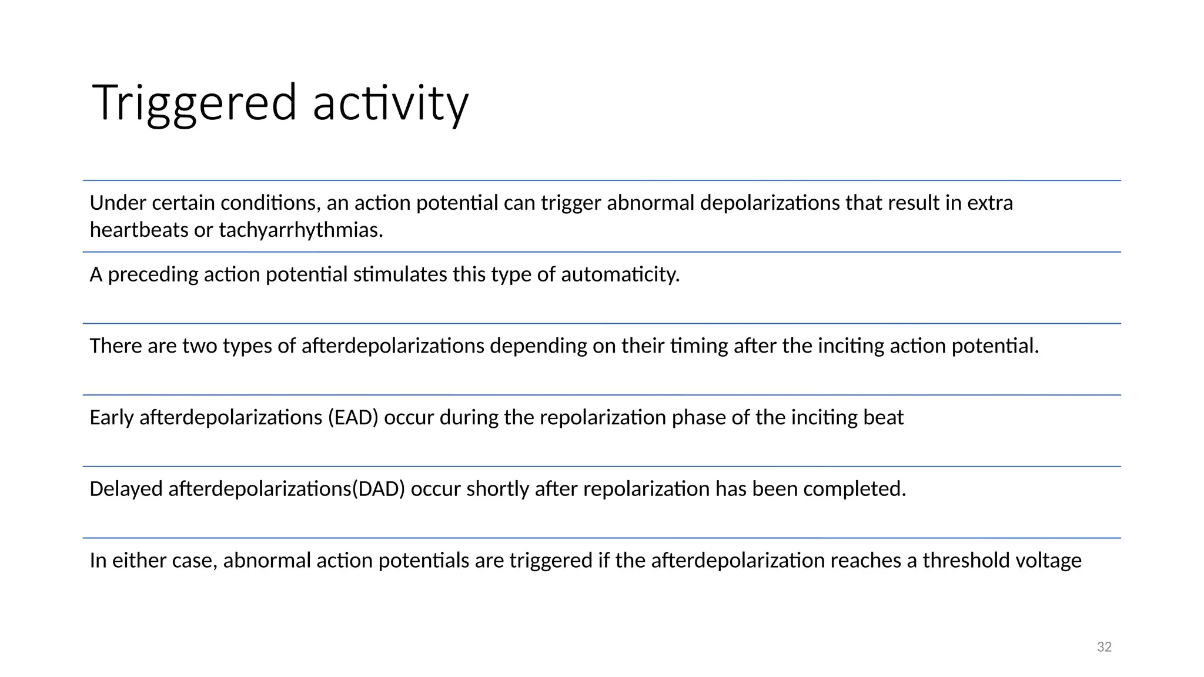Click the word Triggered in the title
coord(194,104)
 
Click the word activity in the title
coord(390,104)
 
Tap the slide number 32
coord(1104,647)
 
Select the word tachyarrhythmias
coord(300,230)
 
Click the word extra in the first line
coord(990,203)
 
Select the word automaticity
coord(620,274)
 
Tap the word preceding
coord(153,274)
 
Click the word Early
coord(112,418)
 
